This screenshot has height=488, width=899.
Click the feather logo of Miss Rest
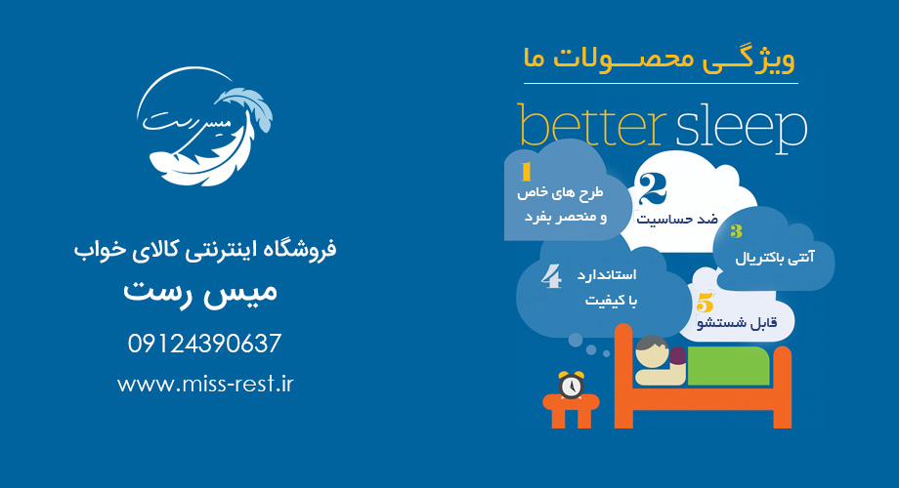[203, 127]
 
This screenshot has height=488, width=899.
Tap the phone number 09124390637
[204, 344]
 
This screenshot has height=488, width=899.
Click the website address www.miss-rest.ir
[205, 384]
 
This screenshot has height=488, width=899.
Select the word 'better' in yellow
[592, 126]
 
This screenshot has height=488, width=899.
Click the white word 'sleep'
[741, 129]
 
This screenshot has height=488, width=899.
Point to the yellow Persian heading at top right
[660, 59]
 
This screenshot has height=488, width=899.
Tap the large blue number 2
[653, 189]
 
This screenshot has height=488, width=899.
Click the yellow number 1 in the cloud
[527, 172]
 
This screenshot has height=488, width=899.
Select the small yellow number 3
[736, 231]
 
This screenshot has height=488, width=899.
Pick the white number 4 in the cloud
[551, 276]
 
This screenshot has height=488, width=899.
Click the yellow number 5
[705, 303]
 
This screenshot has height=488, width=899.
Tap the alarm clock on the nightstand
[571, 385]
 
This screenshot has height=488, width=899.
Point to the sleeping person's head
[653, 352]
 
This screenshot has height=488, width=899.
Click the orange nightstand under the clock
[571, 411]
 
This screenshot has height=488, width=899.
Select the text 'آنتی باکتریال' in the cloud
[775, 258]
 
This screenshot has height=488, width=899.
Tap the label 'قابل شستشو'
[737, 323]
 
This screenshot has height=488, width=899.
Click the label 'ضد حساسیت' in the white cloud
[677, 220]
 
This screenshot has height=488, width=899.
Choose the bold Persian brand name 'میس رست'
[200, 292]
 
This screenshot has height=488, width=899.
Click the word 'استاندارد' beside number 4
[607, 275]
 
